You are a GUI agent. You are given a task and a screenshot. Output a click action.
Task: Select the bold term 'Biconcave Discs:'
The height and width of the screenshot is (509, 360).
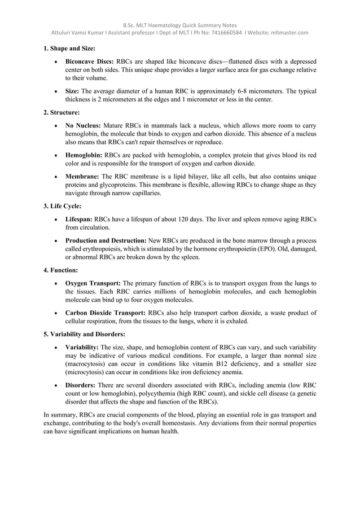point(90,61)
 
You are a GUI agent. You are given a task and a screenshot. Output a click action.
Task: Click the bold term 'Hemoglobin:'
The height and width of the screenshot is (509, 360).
point(84,155)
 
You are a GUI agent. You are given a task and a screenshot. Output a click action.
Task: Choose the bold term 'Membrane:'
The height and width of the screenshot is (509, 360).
point(82,175)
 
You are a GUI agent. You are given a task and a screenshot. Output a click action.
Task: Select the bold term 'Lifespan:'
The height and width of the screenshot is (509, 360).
point(79,219)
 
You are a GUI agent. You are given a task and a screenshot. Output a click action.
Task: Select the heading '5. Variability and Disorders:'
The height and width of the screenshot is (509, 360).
point(84,334)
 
